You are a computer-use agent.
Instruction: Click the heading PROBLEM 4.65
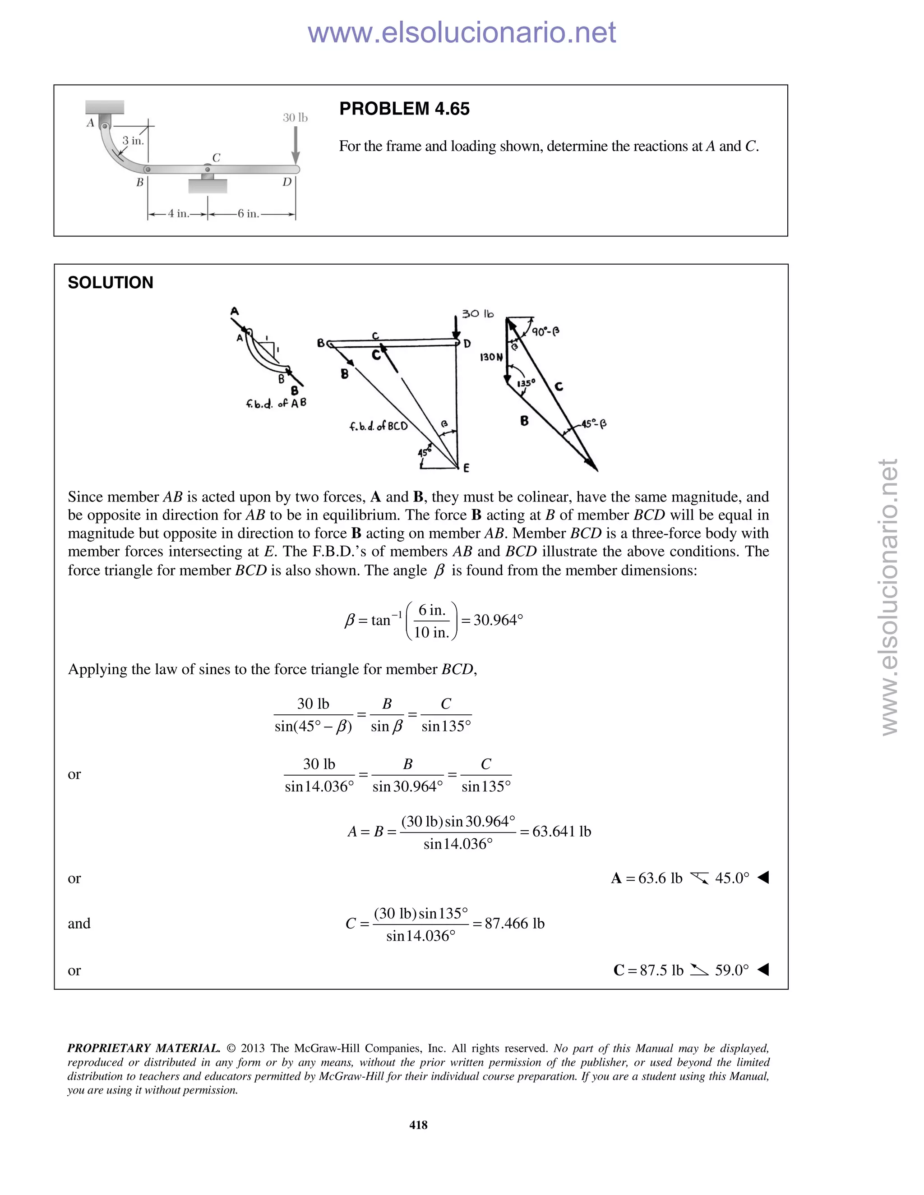pos(404,109)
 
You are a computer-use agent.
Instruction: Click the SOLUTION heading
pos(110,282)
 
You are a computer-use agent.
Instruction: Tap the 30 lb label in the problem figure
pos(295,118)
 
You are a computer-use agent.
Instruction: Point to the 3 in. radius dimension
pos(133,141)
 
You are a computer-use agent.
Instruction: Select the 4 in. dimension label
pos(177,214)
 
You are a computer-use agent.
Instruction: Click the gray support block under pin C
pos(208,186)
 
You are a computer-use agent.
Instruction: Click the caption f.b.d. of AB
pos(276,404)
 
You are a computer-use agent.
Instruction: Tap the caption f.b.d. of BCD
pos(378,426)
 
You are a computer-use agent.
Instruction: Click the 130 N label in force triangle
pos(491,357)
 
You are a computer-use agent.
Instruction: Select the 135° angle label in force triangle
pos(526,383)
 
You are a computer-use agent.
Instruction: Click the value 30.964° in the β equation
pos(498,620)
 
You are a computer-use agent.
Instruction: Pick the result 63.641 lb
pos(561,832)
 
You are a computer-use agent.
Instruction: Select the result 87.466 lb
pos(514,924)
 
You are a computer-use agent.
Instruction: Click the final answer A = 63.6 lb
pos(647,878)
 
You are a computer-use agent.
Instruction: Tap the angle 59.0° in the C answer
pos(731,970)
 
